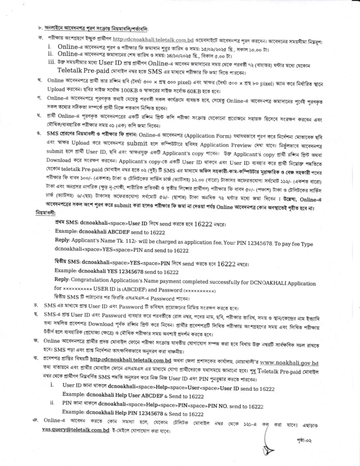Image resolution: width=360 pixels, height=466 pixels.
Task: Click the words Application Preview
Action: pos(259,141)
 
